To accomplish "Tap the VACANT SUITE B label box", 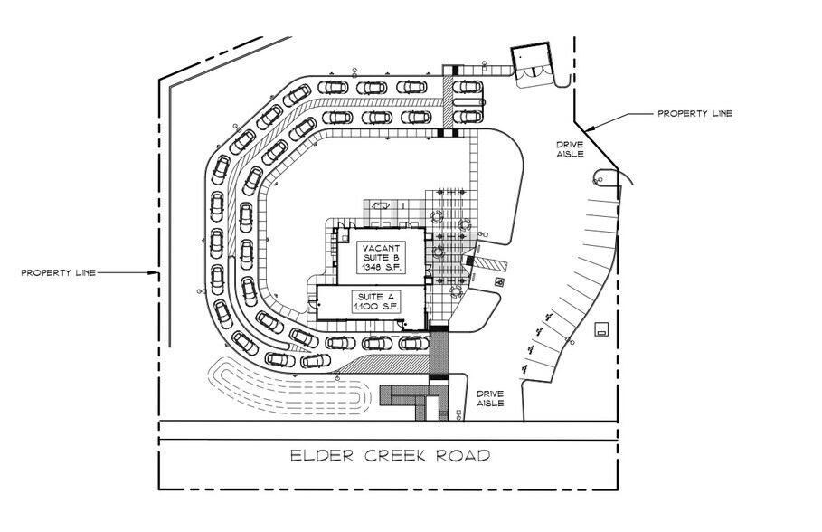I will coord(379,259).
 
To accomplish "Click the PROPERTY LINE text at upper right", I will coord(694,114).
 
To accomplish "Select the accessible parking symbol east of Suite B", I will coord(501,281).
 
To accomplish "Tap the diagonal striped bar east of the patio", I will coord(492,263).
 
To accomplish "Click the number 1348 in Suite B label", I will coord(371,269).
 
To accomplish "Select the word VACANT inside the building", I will coord(379,248).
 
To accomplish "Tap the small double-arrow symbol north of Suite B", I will coord(379,207).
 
